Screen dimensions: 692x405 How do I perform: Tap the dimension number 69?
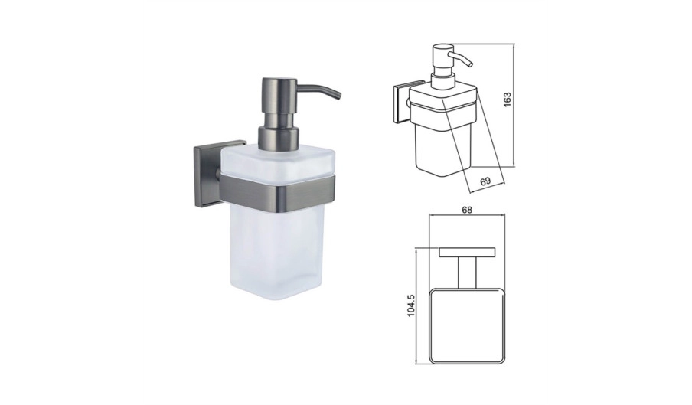point(485,181)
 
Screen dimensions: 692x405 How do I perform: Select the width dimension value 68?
point(467,210)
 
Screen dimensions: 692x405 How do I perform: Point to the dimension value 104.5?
point(411,305)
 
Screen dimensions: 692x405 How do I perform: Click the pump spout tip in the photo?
point(338,96)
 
